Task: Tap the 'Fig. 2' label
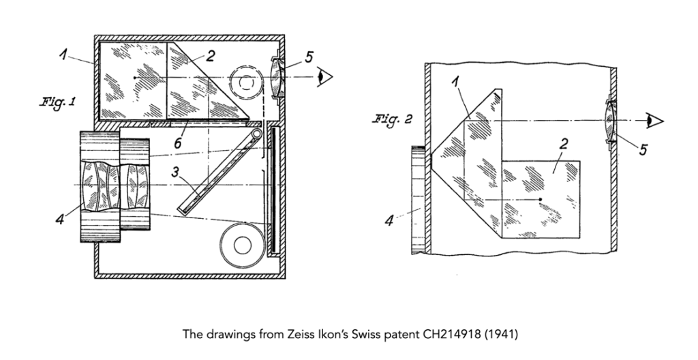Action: click(x=394, y=119)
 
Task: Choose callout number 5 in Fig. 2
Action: click(x=642, y=149)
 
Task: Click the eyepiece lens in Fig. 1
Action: click(x=275, y=78)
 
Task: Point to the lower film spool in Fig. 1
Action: click(x=242, y=243)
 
